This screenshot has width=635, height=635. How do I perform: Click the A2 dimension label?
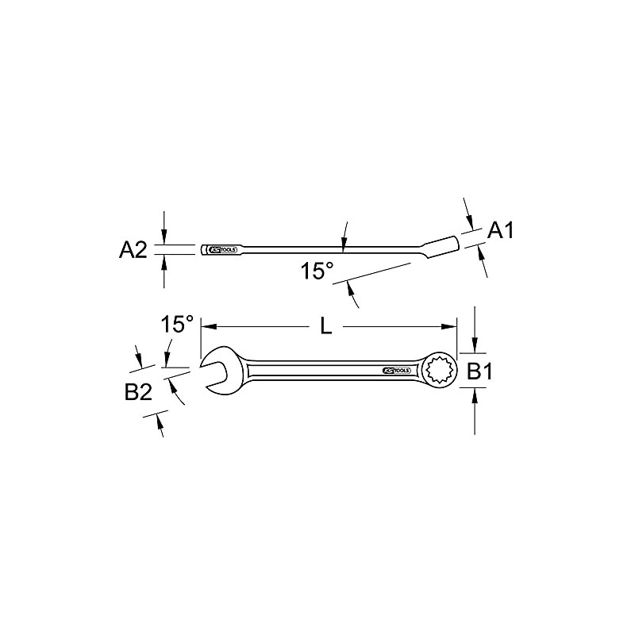(133, 250)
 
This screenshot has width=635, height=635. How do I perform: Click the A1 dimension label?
(501, 231)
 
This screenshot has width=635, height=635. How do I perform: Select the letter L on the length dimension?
(325, 325)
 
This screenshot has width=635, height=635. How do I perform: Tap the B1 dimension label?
(479, 371)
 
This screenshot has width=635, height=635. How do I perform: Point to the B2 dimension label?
(138, 392)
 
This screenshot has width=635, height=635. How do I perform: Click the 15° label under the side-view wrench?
(317, 271)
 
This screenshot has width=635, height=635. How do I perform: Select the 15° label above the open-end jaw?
(177, 325)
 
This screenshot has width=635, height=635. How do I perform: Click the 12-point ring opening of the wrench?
(440, 371)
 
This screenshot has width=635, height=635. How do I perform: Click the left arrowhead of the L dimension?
(207, 326)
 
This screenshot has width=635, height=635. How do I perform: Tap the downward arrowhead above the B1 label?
(475, 348)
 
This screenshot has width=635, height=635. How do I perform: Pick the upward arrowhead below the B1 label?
(475, 394)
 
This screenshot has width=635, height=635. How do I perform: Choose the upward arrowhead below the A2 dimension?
(164, 260)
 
